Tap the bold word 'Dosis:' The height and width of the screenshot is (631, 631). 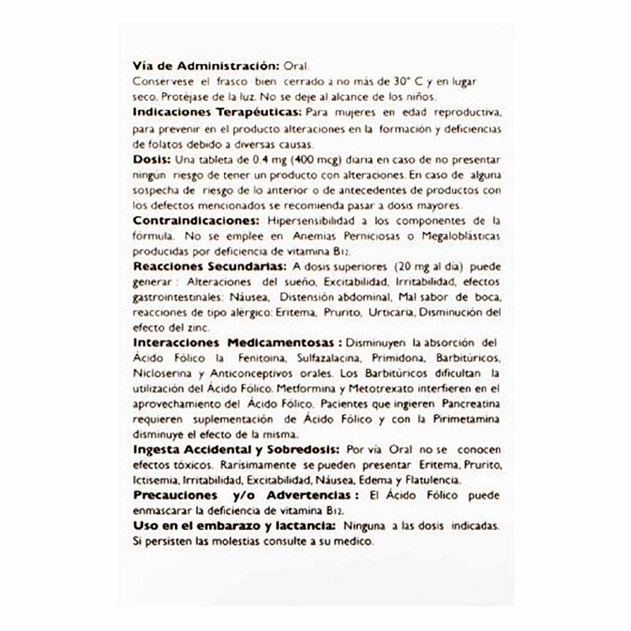(151, 159)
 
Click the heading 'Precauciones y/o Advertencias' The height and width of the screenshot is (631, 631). (240, 496)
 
